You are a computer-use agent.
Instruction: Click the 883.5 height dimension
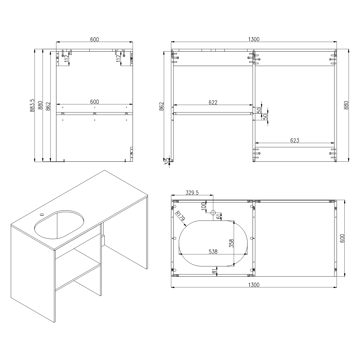[32, 105]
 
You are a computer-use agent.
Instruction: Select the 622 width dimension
[213, 102]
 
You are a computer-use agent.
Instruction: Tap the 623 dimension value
[295, 140]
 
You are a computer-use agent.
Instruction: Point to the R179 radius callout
[180, 216]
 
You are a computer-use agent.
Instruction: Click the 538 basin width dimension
[213, 251]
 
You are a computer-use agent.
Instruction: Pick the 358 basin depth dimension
[231, 243]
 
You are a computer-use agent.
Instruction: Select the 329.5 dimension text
[192, 193]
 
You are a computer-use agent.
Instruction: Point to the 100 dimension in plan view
[203, 206]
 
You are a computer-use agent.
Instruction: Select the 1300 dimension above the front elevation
[254, 39]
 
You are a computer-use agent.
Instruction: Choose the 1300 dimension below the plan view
[254, 285]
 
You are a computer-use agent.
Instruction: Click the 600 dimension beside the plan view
[342, 238]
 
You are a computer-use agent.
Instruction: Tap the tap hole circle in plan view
[213, 213]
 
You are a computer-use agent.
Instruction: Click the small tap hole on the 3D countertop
[42, 214]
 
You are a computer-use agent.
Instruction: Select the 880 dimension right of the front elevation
[346, 105]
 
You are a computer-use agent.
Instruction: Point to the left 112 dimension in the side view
[67, 58]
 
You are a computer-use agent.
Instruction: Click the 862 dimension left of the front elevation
[161, 106]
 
